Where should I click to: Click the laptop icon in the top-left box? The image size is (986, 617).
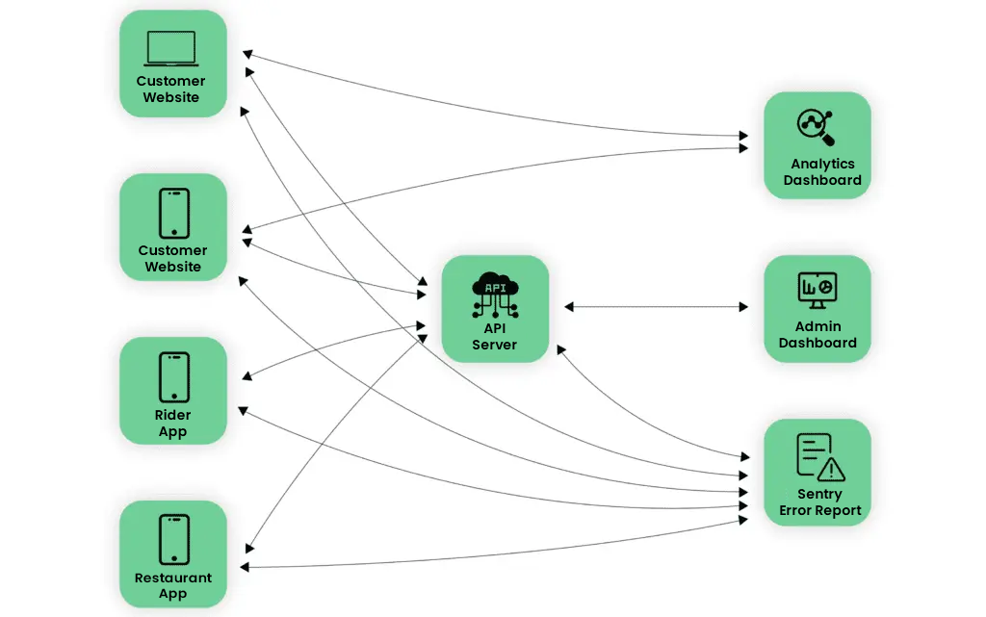[x=171, y=48]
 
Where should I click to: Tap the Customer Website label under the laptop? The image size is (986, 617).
[x=171, y=90]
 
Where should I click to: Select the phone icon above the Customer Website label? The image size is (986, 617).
[x=173, y=213]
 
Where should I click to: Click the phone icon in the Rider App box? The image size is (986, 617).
[x=173, y=376]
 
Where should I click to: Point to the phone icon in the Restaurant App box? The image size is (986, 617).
[x=173, y=539]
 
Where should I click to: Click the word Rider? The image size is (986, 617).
[x=173, y=416]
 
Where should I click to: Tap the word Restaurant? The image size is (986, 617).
[x=173, y=578]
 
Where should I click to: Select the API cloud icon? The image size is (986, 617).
[x=495, y=295]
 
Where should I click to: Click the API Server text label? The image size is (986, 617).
[x=495, y=336]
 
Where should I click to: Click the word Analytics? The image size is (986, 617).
[x=822, y=164]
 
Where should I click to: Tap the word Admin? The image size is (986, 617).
[x=817, y=326]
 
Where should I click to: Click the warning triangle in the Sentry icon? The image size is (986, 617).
[x=829, y=469]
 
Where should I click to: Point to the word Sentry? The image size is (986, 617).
[x=819, y=494]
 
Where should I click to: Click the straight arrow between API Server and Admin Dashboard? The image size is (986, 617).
[x=656, y=307]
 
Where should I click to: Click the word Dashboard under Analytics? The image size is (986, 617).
[x=822, y=180]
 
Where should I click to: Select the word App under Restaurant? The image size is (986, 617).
[x=173, y=595]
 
